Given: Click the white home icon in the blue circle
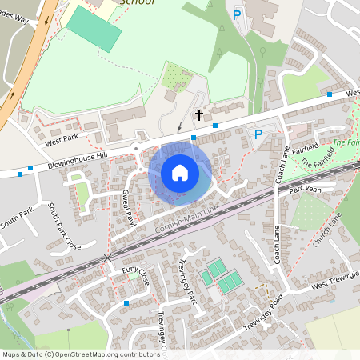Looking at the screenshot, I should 180,172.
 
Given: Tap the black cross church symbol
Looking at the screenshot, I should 199,115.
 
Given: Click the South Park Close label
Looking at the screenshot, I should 64,226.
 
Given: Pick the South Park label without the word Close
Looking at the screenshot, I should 16,218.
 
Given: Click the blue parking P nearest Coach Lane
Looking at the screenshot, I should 258,134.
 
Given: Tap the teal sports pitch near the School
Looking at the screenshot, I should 94,30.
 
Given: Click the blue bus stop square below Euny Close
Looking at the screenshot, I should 126,303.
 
